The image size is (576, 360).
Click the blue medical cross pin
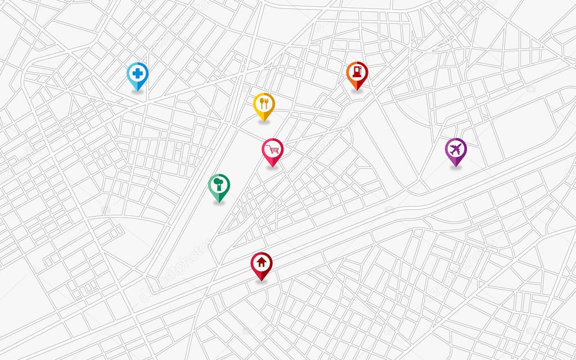coord(137,75)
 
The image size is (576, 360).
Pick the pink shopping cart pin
coord(273,151)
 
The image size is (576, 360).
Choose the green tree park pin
coord(219,186)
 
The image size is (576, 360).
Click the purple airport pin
coord(456,150)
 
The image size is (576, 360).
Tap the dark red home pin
coord(262,264)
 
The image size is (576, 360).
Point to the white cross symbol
coord(137,73)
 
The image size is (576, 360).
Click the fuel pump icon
coord(357,71)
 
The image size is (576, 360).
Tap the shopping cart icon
coord(273,149)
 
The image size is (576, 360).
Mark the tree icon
coord(219,183)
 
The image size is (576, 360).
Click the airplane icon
coord(456,148)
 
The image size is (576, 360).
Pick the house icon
coord(262,262)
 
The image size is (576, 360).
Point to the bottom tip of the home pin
coord(262,280)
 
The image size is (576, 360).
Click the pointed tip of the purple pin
coord(456,166)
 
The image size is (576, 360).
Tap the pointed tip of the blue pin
coord(137,91)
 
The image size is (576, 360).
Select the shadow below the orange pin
coord(357,91)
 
